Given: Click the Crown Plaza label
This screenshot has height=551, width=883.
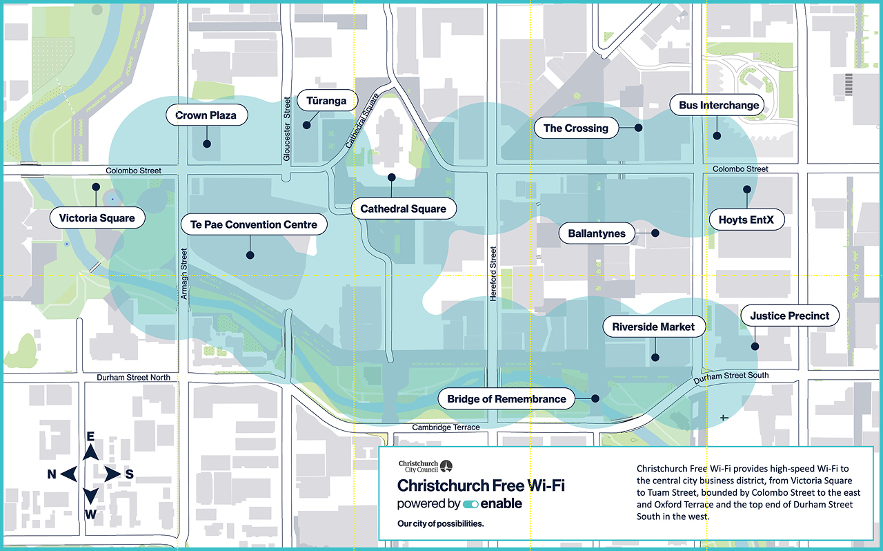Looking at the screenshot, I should pos(206,115).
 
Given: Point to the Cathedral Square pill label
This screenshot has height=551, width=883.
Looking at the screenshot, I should pos(404,209).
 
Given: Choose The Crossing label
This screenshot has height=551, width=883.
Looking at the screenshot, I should pos(575,128).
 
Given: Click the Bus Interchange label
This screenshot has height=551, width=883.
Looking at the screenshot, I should pos(719,106).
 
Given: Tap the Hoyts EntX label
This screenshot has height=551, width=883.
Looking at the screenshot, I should pos(746,220).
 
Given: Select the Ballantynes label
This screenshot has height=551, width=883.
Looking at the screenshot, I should pos(597,233).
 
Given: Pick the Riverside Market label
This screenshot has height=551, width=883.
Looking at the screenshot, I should pos(654,327).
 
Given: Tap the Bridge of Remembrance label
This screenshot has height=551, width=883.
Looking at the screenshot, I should pos(506,398).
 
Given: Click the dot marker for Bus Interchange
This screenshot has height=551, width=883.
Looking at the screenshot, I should pos(717,137).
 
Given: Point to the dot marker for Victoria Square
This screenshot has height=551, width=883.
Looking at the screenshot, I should pos(96,186).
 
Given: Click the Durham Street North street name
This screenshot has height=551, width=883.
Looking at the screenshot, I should pos(133,378).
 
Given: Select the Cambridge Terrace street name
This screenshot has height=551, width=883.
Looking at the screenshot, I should pos(446,427).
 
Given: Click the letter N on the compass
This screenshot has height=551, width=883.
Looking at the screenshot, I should pos(52,474).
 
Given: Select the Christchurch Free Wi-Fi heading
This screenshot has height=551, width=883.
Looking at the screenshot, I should pos(481,485).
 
